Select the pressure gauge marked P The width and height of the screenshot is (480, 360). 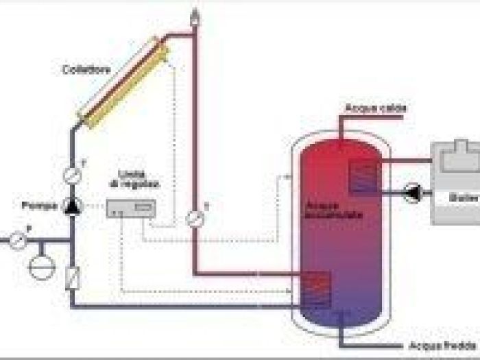pyautogui.click(x=18, y=241)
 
